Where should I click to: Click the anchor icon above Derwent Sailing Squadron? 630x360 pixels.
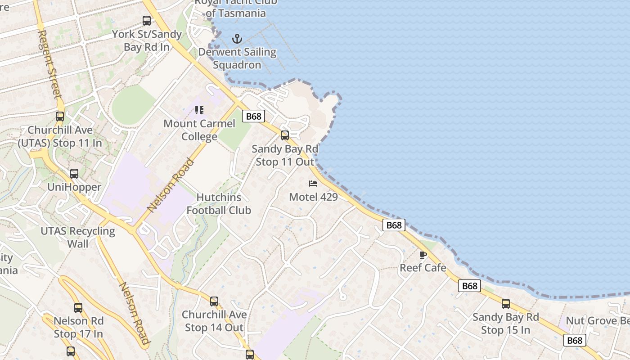tap(237, 39)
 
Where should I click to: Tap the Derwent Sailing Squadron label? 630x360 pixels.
tap(237, 58)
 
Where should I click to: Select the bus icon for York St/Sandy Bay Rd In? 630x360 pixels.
tap(147, 20)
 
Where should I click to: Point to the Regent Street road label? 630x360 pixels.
tap(49, 64)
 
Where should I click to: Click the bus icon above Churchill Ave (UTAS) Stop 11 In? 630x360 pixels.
tap(60, 117)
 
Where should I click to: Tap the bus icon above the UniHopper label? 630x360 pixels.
tap(74, 174)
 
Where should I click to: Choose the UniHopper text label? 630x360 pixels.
tap(74, 187)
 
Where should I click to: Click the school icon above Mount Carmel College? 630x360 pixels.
tap(199, 110)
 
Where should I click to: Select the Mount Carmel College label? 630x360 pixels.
tap(199, 130)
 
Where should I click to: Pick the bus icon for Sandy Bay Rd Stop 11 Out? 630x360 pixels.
tap(284, 135)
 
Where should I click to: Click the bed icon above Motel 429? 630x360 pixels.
tap(313, 183)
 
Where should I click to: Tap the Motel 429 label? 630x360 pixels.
tap(313, 197)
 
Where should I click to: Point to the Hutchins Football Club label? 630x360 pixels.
tap(219, 203)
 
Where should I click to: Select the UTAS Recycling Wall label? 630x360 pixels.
tap(78, 237)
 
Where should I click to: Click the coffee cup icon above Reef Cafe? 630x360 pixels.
tap(423, 255)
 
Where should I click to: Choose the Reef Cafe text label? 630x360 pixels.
tap(423, 268)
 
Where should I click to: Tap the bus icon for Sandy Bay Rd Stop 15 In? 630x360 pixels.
tap(506, 304)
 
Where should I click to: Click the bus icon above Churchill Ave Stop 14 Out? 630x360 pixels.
tap(214, 301)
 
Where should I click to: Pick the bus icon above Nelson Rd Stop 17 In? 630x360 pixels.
tap(78, 308)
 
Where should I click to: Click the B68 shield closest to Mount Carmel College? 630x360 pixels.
tap(253, 117)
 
